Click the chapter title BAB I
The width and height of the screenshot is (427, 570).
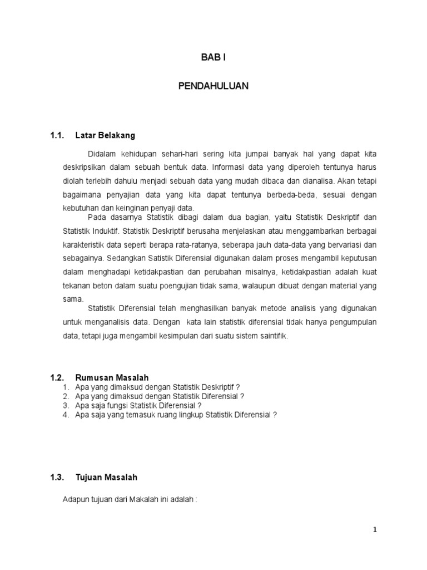point(213,57)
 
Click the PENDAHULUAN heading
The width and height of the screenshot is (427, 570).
point(213,86)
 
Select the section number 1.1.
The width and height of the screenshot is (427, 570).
point(58,135)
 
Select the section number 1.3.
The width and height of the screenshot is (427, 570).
point(58,478)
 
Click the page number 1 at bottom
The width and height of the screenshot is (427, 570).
point(375,530)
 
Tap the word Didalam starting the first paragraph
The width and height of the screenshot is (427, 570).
point(100,153)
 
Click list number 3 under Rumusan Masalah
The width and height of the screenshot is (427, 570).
point(66,405)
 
